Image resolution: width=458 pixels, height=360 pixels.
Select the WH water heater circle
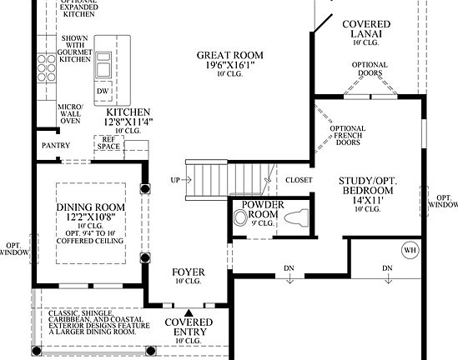tap(410, 248)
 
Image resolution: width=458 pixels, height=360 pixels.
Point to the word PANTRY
tap(57, 145)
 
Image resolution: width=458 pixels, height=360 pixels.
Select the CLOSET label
tap(299, 180)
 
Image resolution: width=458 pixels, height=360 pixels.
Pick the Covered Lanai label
tap(365, 31)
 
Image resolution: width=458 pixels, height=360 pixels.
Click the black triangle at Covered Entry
tap(187, 312)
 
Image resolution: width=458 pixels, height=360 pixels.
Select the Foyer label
tap(188, 272)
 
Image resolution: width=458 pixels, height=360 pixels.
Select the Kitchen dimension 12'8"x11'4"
tap(127, 122)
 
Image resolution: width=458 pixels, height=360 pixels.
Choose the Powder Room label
tap(264, 209)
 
